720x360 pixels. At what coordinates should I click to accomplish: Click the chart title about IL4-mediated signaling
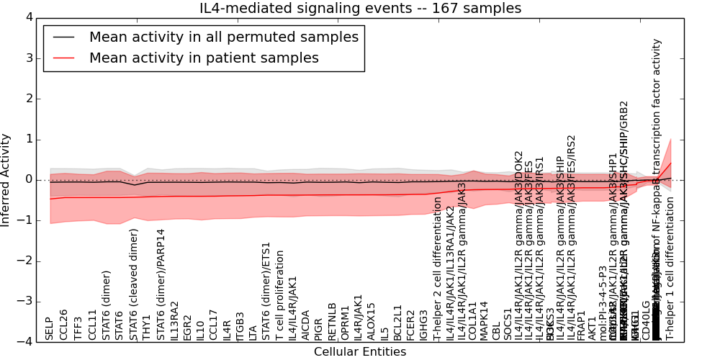pyautogui.click(x=360, y=9)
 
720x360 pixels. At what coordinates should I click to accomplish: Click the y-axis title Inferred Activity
pyautogui.click(x=6, y=180)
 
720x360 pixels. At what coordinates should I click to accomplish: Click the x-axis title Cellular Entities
pyautogui.click(x=360, y=352)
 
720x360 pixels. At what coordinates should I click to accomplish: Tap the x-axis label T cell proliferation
pyautogui.click(x=280, y=295)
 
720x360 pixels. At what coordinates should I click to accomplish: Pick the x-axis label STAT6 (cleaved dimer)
pyautogui.click(x=134, y=284)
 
